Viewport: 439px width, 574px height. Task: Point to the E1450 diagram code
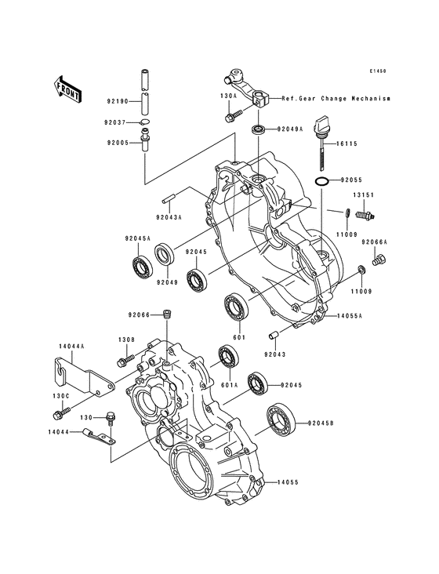click(x=379, y=71)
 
